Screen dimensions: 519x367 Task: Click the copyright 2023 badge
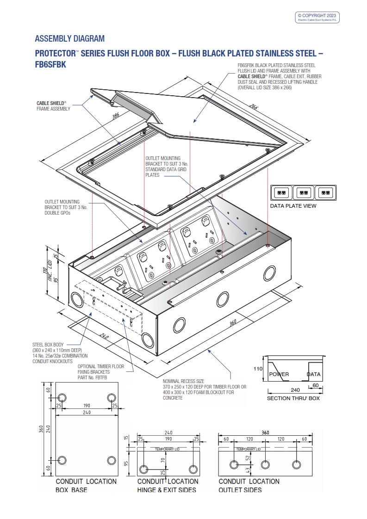(x=318, y=18)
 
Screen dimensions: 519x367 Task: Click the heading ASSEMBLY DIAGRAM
(x=70, y=38)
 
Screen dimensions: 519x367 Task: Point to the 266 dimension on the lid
(x=254, y=107)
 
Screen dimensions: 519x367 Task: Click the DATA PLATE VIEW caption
(x=293, y=206)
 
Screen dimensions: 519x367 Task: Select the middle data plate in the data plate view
(x=303, y=192)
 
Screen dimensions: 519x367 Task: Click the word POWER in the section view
(x=279, y=374)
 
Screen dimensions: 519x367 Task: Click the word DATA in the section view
(x=314, y=374)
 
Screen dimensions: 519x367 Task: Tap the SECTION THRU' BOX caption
(x=293, y=398)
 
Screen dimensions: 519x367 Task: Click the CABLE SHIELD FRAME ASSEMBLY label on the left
(x=53, y=106)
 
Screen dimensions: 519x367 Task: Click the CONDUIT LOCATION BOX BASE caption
(x=86, y=485)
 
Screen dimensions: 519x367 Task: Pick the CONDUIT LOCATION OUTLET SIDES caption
(x=249, y=485)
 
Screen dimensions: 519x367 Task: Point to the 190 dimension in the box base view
(x=87, y=406)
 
